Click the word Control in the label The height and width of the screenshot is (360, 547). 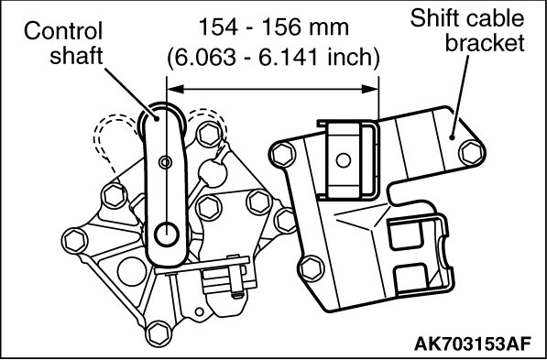pos(63,31)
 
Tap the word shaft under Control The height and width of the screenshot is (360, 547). pos(76,55)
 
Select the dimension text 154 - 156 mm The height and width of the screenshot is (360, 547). pos(273,27)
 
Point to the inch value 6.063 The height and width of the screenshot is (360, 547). pos(204,57)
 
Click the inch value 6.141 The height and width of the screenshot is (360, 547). pos(288,57)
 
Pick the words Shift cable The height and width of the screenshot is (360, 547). pos(467,18)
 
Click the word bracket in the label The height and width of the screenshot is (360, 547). pos(485,42)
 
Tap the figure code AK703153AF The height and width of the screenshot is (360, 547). pos(473,344)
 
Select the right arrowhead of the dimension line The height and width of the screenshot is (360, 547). pos(370,89)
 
